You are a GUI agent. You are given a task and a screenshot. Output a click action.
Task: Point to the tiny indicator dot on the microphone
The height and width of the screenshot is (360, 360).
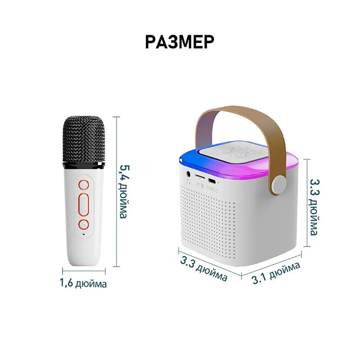click(x=83, y=235)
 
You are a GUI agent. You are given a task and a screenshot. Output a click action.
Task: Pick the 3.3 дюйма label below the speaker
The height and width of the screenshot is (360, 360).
click(x=204, y=269)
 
